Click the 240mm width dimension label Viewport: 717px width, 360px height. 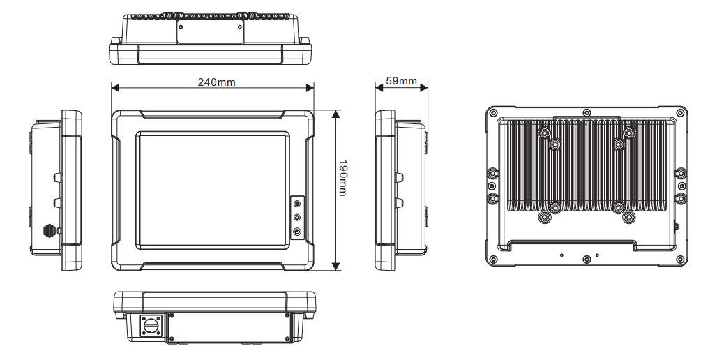click(x=216, y=82)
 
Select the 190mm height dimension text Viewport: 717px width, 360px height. click(x=342, y=177)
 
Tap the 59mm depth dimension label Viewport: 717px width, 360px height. click(x=401, y=81)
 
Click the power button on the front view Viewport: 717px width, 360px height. click(x=297, y=232)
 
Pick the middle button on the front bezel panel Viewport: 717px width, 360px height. click(x=297, y=217)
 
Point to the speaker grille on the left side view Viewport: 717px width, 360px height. click(x=49, y=231)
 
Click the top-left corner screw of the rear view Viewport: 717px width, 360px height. click(x=493, y=112)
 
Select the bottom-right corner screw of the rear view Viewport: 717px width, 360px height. click(x=681, y=260)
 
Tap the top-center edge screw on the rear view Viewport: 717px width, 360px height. click(x=587, y=112)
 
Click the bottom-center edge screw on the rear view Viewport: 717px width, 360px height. click(x=587, y=260)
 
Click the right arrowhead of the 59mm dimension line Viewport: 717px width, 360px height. click(x=424, y=87)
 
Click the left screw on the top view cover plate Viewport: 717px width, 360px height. click(x=181, y=27)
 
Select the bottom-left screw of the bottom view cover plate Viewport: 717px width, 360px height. click(x=172, y=339)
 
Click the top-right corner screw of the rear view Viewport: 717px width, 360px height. click(x=681, y=112)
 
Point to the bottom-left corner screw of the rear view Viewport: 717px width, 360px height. click(x=493, y=260)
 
